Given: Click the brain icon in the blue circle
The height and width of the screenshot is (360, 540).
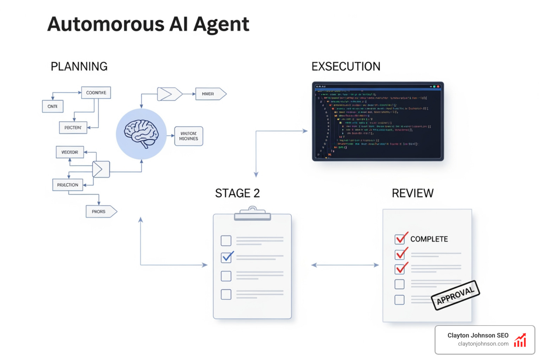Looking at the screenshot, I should (x=141, y=134).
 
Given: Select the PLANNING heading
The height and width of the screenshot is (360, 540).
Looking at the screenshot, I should (x=79, y=66).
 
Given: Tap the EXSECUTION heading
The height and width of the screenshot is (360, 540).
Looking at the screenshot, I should (x=346, y=66).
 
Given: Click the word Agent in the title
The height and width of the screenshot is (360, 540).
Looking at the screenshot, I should (x=221, y=25).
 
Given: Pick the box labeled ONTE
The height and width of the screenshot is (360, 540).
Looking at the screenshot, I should (x=53, y=107).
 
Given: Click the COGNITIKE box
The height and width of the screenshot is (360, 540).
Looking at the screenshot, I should (x=96, y=93).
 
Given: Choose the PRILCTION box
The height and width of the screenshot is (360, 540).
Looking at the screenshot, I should (x=68, y=185).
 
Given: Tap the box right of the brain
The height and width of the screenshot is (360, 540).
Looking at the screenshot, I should (x=189, y=136).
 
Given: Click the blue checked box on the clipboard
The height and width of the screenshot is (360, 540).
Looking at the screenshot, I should (x=226, y=257).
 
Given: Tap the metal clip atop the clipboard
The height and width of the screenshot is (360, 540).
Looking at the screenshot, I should (x=252, y=213).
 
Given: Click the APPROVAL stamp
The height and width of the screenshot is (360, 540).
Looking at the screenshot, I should (x=455, y=295).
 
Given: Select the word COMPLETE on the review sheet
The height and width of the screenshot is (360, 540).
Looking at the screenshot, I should (x=429, y=239).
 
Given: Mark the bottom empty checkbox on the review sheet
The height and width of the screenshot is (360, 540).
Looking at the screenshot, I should (x=399, y=300).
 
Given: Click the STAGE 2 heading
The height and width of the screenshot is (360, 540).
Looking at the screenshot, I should (x=237, y=193).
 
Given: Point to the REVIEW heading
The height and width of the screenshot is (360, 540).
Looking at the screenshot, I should (x=413, y=193).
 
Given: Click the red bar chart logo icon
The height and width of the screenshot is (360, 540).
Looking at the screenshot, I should (x=520, y=340).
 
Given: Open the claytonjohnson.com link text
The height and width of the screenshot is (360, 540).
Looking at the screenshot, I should (x=483, y=344).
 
